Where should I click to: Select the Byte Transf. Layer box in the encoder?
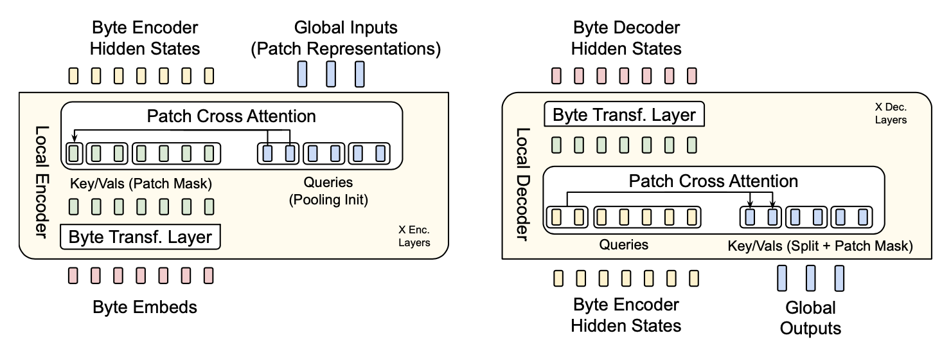140,237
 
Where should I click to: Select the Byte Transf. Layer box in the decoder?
624,115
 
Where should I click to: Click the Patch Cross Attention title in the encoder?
231,116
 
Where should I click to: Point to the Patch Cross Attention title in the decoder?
713,181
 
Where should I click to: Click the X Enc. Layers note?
414,236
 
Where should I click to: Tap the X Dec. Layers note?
889,114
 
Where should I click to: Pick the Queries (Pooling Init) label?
328,191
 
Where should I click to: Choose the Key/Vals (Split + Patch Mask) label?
820,246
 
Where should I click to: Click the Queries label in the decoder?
623,245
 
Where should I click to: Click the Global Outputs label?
810,318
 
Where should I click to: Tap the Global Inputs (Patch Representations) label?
346,39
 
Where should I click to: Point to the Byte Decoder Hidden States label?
627,39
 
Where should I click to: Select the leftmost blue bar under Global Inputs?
302,74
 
